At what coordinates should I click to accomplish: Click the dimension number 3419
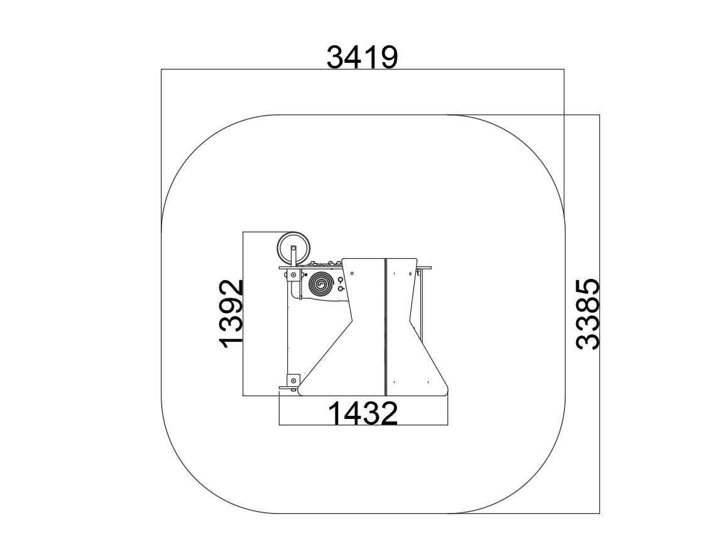(x=363, y=57)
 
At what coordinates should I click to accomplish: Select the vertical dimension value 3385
(x=588, y=315)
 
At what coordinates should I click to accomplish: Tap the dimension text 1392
(x=231, y=313)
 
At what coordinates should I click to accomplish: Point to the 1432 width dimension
(x=363, y=413)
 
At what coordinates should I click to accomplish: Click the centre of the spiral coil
(x=322, y=285)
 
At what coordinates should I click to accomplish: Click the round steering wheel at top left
(x=293, y=249)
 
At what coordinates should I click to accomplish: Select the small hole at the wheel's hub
(x=293, y=249)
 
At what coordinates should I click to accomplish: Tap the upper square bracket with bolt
(x=293, y=274)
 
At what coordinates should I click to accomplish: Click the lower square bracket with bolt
(x=293, y=380)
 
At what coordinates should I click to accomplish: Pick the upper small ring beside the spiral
(x=341, y=279)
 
